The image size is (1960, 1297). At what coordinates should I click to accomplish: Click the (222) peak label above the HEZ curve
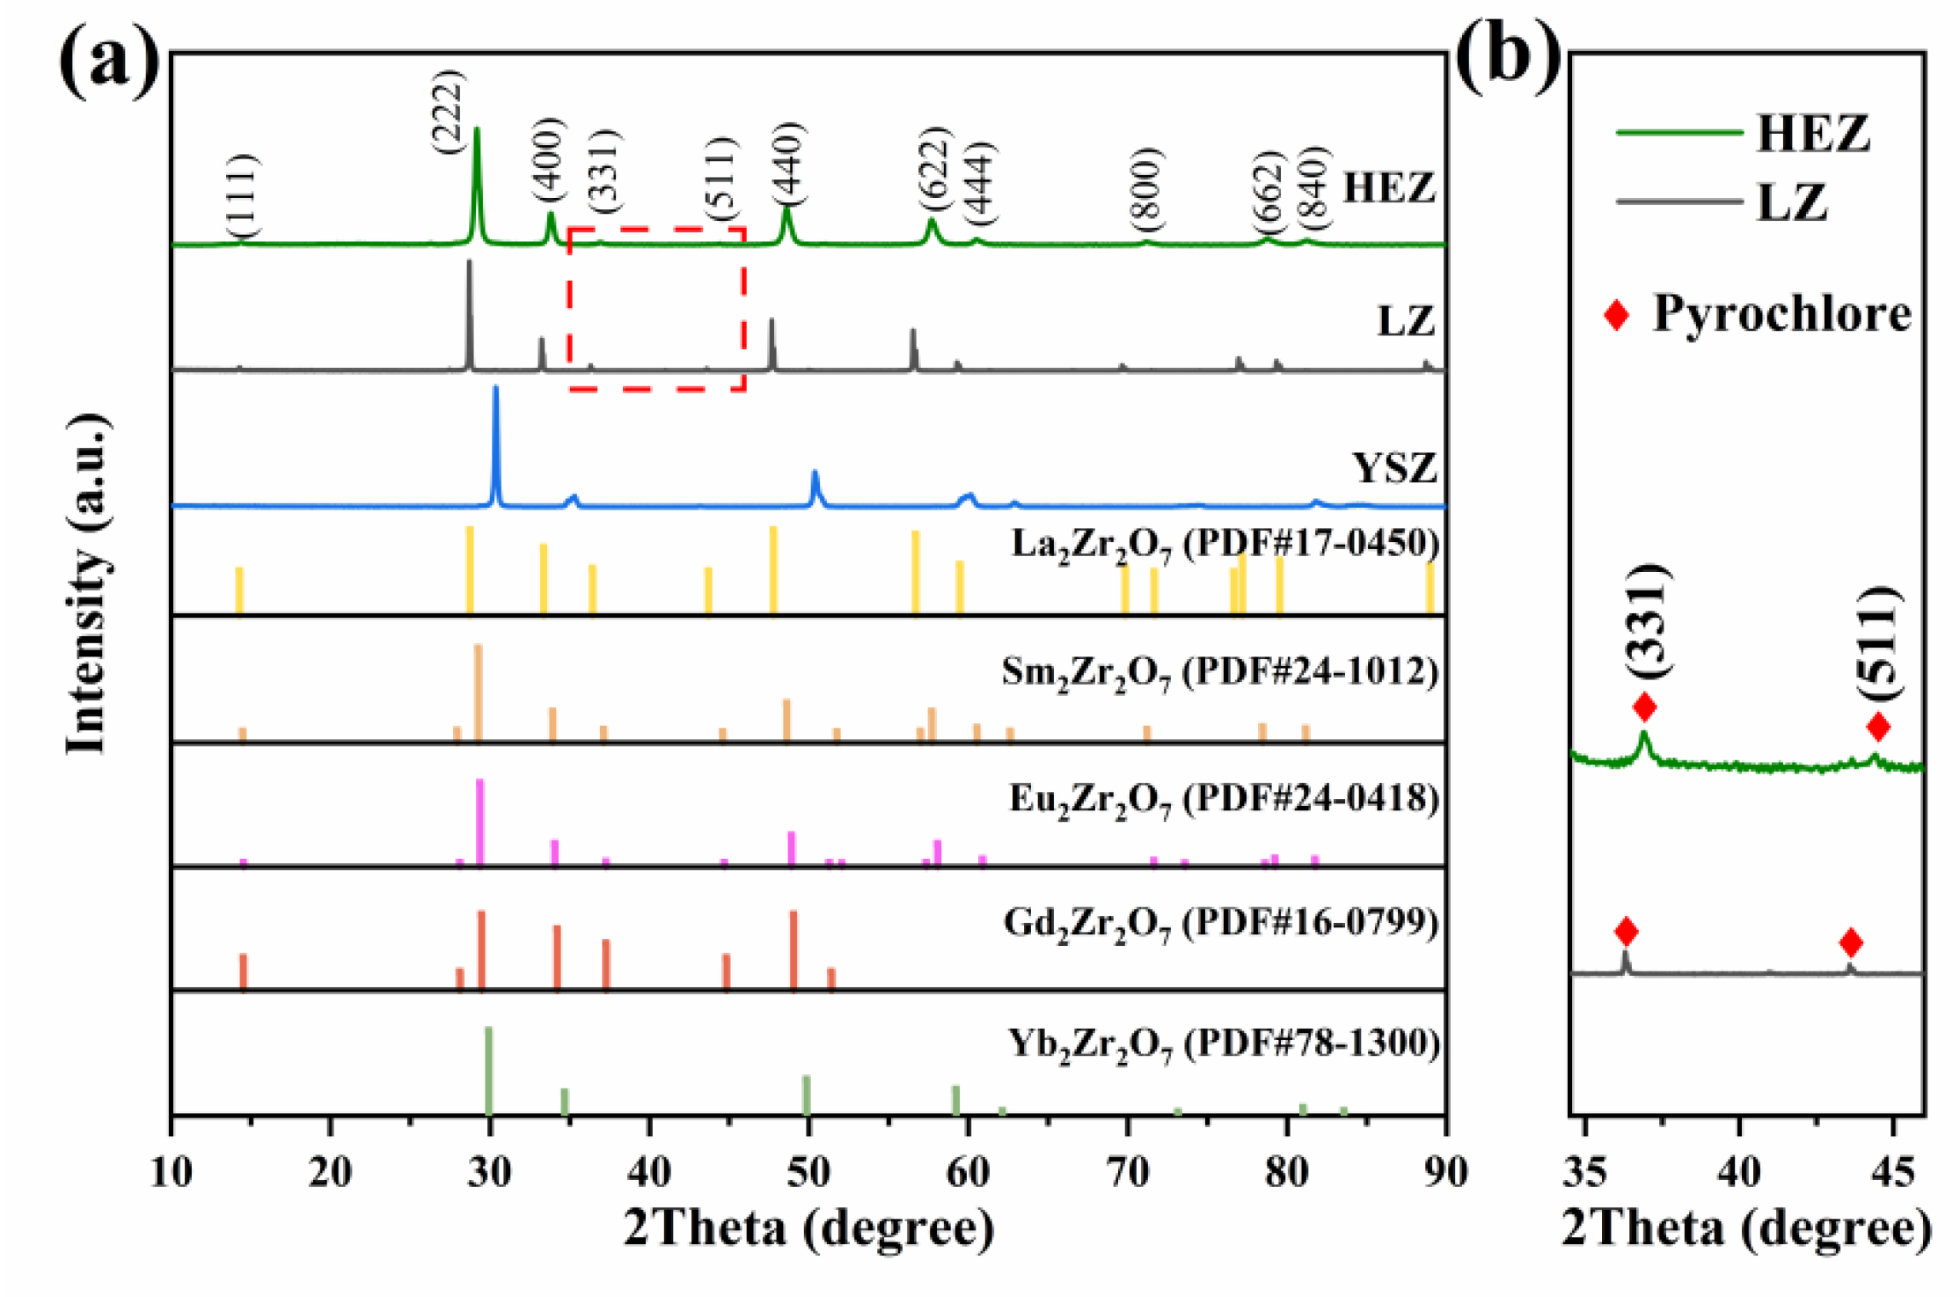[x=448, y=113]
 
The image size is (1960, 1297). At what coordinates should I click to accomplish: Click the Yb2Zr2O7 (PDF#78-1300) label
[x=1224, y=1044]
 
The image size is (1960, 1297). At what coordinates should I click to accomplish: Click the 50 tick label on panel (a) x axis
[x=808, y=1173]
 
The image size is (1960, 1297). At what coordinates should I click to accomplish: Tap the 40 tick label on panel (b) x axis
[x=1738, y=1173]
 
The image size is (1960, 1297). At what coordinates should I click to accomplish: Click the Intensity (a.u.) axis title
[x=88, y=584]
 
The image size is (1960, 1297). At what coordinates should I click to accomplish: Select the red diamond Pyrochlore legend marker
[x=1617, y=314]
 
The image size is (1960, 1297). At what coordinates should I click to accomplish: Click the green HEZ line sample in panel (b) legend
[x=1678, y=133]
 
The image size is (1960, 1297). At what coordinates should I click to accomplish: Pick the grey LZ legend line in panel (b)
[x=1678, y=202]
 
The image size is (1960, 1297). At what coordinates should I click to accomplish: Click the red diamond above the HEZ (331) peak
[x=1644, y=707]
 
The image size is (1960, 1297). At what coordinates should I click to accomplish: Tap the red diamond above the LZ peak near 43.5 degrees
[x=1851, y=942]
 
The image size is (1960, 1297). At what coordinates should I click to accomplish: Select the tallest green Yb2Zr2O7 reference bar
[x=489, y=1069]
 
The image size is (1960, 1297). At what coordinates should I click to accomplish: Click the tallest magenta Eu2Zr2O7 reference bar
[x=479, y=821]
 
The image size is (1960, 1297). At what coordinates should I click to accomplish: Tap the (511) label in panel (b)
[x=1879, y=642]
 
